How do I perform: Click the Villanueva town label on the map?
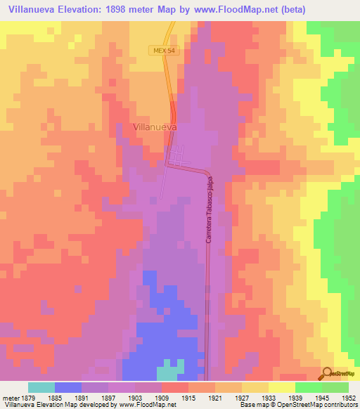tap(154, 127)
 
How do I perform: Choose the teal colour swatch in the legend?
tap(41, 387)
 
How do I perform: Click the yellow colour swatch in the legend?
tap(282, 387)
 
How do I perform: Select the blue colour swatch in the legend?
tap(68, 387)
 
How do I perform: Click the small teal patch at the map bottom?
tap(169, 370)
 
